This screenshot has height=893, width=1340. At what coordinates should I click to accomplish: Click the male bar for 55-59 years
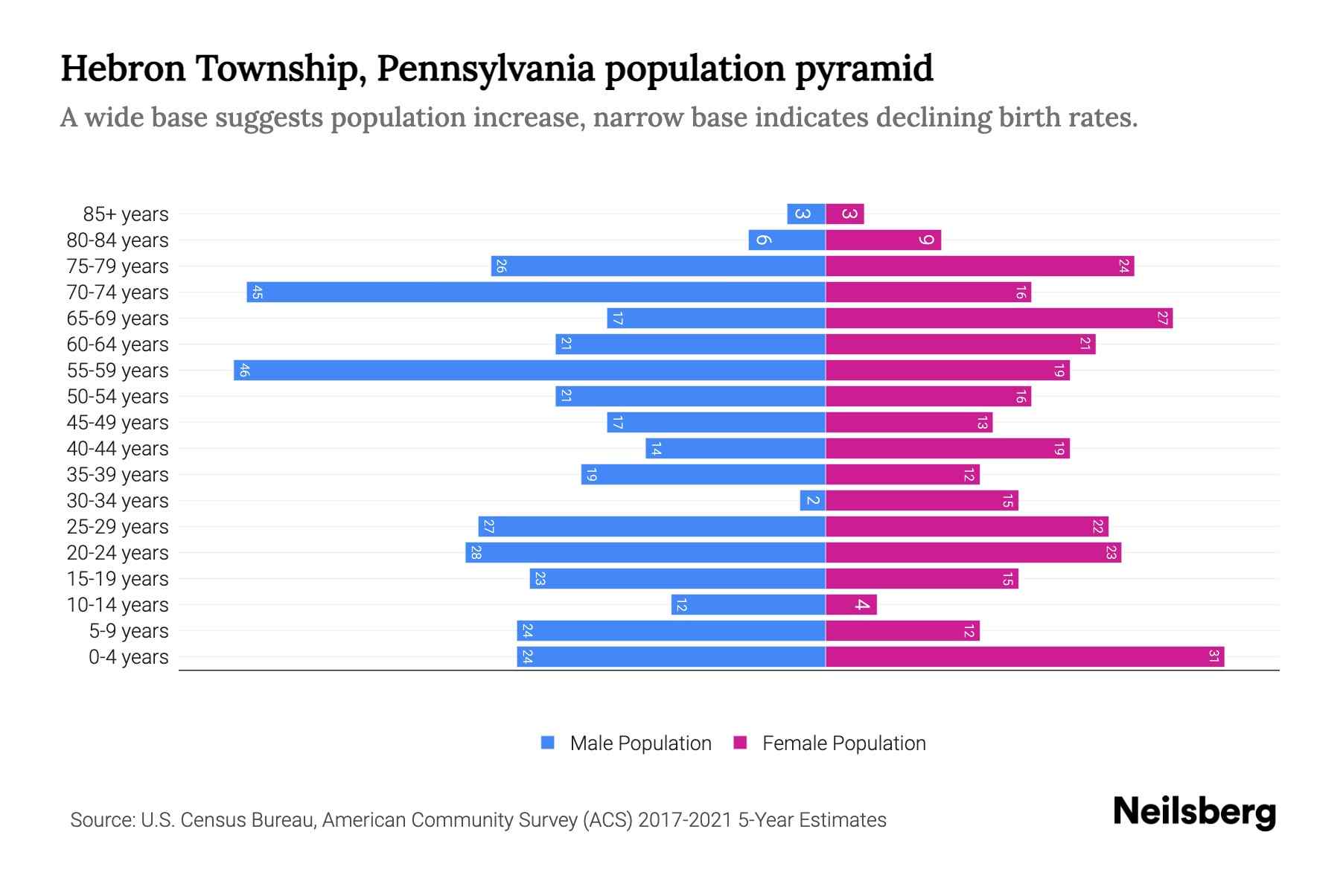point(529,370)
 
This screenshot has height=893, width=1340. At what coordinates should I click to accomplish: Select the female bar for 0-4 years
point(1024,656)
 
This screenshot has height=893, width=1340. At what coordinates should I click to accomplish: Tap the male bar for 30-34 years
point(812,500)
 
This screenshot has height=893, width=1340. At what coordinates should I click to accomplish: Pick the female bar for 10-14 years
point(851,604)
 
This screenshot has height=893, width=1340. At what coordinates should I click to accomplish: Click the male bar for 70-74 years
point(536,292)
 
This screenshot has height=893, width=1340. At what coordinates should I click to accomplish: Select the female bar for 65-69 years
point(998,318)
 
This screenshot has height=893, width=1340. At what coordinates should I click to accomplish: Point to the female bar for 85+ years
point(844,214)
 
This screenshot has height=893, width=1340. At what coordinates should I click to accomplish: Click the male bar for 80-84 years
point(786,240)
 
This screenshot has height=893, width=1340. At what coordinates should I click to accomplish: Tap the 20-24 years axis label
point(118,553)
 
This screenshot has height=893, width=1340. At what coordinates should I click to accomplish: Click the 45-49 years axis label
point(118,423)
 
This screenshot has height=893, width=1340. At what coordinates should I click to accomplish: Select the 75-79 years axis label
point(118,266)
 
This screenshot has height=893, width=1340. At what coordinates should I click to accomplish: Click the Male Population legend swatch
point(548,743)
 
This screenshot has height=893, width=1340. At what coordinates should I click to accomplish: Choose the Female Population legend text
point(843,743)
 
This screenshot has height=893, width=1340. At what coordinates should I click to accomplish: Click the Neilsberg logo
point(1194,812)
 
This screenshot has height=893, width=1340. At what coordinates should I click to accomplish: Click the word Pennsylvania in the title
point(485,68)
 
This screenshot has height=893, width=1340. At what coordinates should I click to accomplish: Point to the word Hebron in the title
point(123,68)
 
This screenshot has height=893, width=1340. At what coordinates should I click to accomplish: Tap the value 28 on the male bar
point(476,552)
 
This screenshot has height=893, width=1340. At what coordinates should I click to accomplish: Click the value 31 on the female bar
point(1213,656)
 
